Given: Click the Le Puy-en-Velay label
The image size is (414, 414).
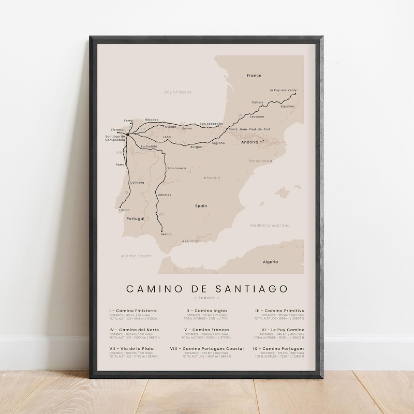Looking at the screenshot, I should pos(282,90).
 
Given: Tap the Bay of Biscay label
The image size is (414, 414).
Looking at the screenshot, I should pos(178,92).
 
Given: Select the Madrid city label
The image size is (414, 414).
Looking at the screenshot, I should pos(213,178).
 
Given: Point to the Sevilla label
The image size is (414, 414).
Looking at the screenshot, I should pos(166,234).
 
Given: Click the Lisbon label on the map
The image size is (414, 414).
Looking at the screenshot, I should pos(124,210).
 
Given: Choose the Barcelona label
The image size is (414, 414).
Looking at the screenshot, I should pos(260,161).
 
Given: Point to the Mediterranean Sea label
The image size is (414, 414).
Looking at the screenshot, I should pos(270,226).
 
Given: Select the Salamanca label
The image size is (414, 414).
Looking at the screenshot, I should pos(176,168).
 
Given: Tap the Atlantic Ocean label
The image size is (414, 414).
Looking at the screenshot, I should pos(136,256).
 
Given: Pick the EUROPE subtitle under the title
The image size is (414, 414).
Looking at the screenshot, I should pos(207,299).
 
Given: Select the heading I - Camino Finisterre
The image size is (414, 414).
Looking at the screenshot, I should pos(133,310).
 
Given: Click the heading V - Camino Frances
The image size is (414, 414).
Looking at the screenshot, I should pos(207,330).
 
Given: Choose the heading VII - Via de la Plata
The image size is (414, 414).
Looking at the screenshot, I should pos(131,349).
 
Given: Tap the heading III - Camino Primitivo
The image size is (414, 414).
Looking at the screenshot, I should pos(279,310).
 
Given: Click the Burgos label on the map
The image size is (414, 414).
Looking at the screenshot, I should pos(196,147).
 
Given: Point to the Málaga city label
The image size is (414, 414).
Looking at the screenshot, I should pos(191,241).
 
